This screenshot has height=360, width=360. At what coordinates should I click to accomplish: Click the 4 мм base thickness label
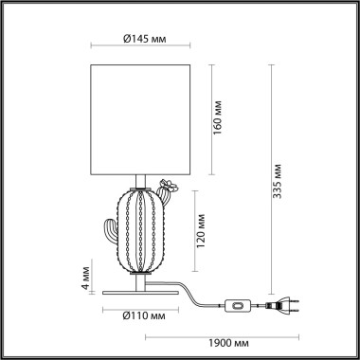click(83, 281)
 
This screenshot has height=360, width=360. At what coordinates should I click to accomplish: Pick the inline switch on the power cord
click(235, 305)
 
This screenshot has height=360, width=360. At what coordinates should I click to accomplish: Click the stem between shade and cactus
click(140, 180)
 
